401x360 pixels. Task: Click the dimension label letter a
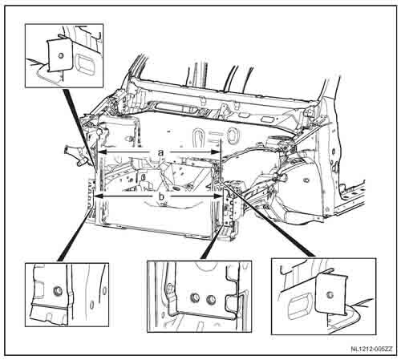(160, 152)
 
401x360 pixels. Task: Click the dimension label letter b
(161, 196)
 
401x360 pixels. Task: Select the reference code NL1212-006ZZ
(372, 349)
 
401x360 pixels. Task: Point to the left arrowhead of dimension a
(102, 152)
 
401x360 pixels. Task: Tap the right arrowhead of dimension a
(215, 152)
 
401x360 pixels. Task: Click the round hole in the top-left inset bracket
(61, 56)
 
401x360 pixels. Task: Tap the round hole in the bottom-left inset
(58, 290)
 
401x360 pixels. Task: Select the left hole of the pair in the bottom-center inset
(195, 297)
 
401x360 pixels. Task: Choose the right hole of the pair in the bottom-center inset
(212, 300)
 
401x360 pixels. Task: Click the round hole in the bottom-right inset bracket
(330, 295)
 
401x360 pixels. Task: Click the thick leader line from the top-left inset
(79, 128)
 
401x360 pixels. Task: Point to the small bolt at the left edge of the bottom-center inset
(170, 289)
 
